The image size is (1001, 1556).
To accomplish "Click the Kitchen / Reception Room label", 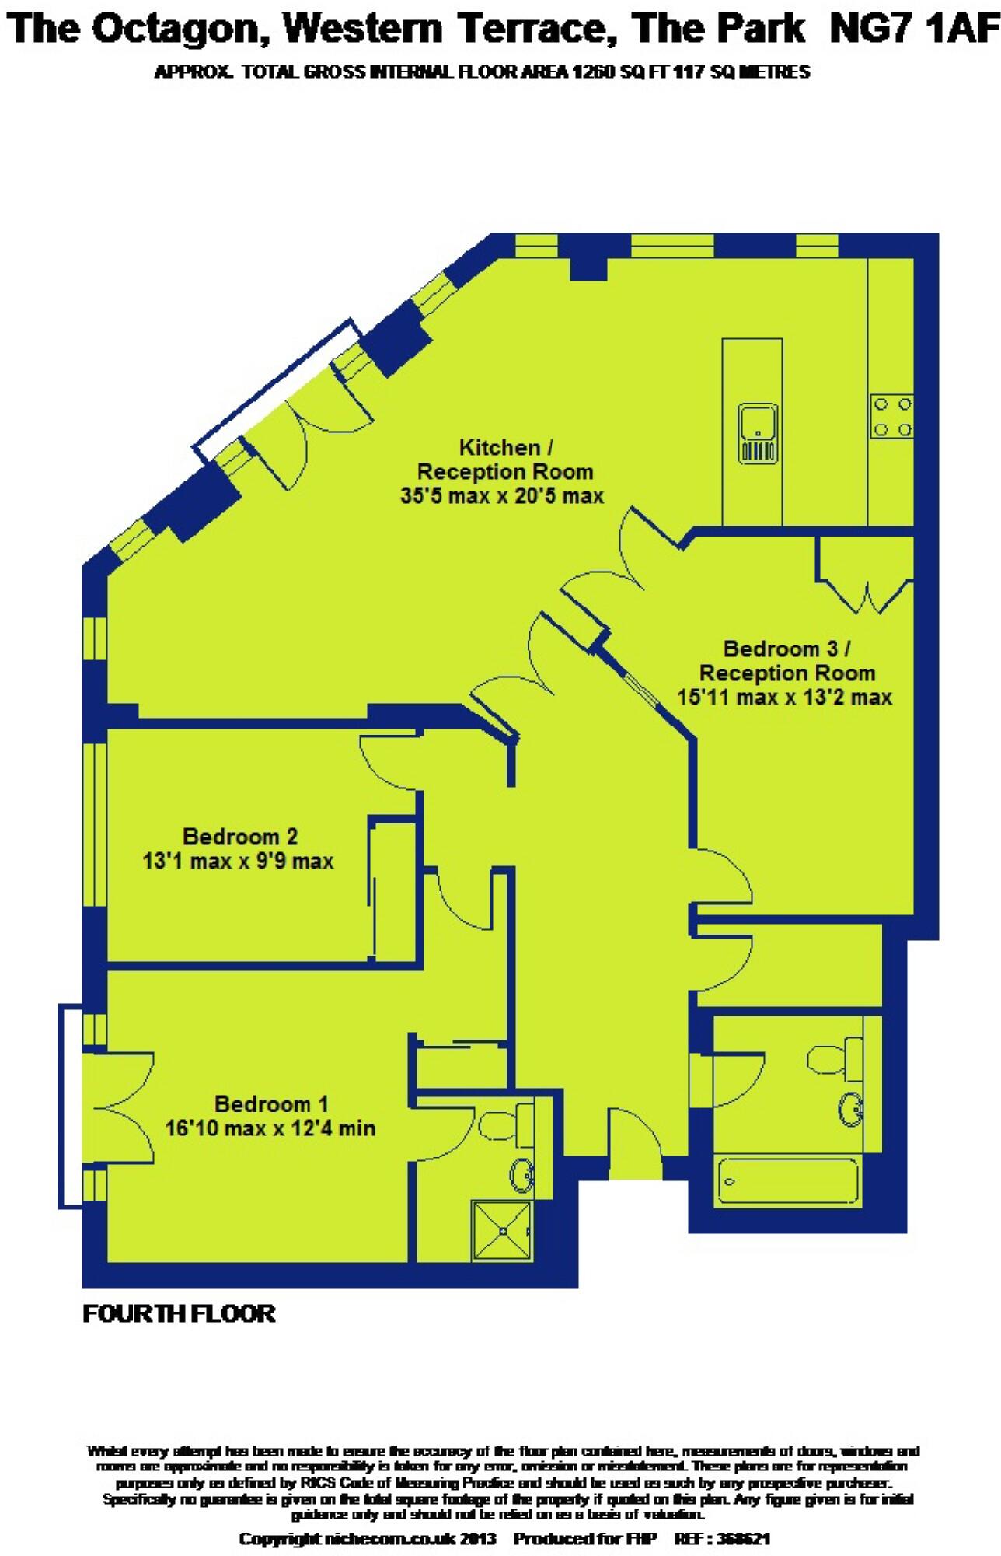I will coord(505,460).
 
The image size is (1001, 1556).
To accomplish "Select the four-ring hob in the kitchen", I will coord(891,417).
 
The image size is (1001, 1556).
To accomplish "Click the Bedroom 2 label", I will coord(240,837).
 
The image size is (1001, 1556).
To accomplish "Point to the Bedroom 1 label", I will coord(271,1103).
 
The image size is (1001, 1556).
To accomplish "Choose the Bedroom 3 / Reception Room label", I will coord(786,661).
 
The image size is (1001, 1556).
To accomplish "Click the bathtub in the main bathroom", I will coord(786,1182).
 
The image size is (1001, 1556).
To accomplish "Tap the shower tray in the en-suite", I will coord(502,1230).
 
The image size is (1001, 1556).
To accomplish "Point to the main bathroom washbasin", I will coord(850,1107).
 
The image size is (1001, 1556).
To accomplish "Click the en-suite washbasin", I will coord(521,1174).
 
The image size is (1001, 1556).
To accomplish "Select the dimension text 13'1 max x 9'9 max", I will coord(238,861).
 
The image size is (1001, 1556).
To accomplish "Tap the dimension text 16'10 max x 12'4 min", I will coord(270,1128).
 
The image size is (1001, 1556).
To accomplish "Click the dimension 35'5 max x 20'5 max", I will coord(502,495).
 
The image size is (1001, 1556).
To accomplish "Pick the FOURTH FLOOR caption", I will coord(179,1313).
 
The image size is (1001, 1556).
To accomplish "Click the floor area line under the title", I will coord(482,72).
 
